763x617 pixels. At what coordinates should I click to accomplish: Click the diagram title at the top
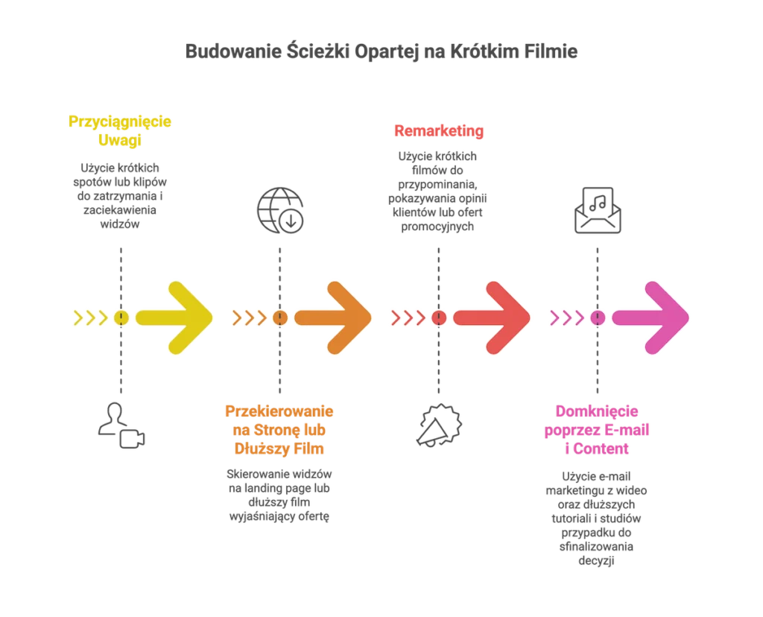coord(381,53)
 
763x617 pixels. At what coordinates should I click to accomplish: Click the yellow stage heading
coord(120,131)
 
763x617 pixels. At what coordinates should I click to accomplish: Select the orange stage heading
coord(279,430)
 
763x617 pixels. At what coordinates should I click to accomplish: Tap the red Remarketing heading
coord(438,131)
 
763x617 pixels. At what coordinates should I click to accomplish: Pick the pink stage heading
coord(598,430)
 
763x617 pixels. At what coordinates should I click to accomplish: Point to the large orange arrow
coord(335,317)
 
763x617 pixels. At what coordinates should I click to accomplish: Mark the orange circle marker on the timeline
coord(280,318)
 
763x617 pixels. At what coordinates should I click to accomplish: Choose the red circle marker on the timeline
coord(439,318)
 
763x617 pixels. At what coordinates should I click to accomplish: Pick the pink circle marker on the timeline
coord(598,318)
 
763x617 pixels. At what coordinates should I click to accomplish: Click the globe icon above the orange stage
coord(280,210)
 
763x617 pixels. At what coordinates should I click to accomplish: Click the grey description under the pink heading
coord(598,517)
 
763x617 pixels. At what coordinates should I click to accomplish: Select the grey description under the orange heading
coord(279,493)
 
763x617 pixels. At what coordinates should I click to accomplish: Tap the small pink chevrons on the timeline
coord(566,318)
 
